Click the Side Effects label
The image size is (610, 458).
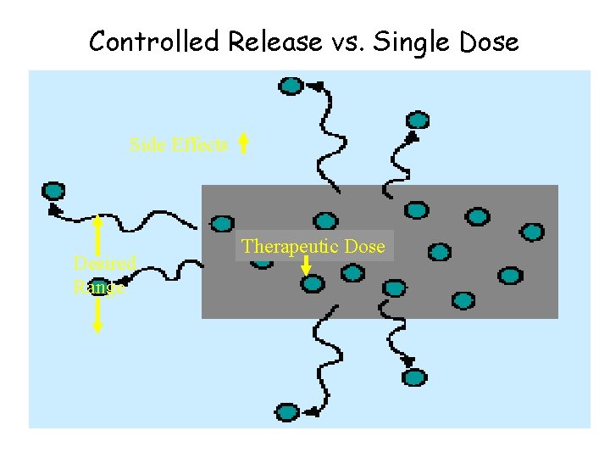click(178, 145)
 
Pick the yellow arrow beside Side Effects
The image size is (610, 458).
click(243, 143)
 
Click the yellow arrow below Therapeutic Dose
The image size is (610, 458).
click(306, 264)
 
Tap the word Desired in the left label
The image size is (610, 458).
click(104, 263)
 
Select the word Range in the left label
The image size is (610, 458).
click(99, 287)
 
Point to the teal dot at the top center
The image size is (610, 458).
click(291, 85)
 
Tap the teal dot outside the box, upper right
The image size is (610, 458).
click(417, 120)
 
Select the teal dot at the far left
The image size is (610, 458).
click(53, 191)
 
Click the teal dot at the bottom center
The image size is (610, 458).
click(287, 412)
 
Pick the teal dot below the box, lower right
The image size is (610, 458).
click(414, 377)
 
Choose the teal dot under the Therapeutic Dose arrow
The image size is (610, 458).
click(313, 283)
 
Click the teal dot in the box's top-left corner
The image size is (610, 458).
click(222, 223)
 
